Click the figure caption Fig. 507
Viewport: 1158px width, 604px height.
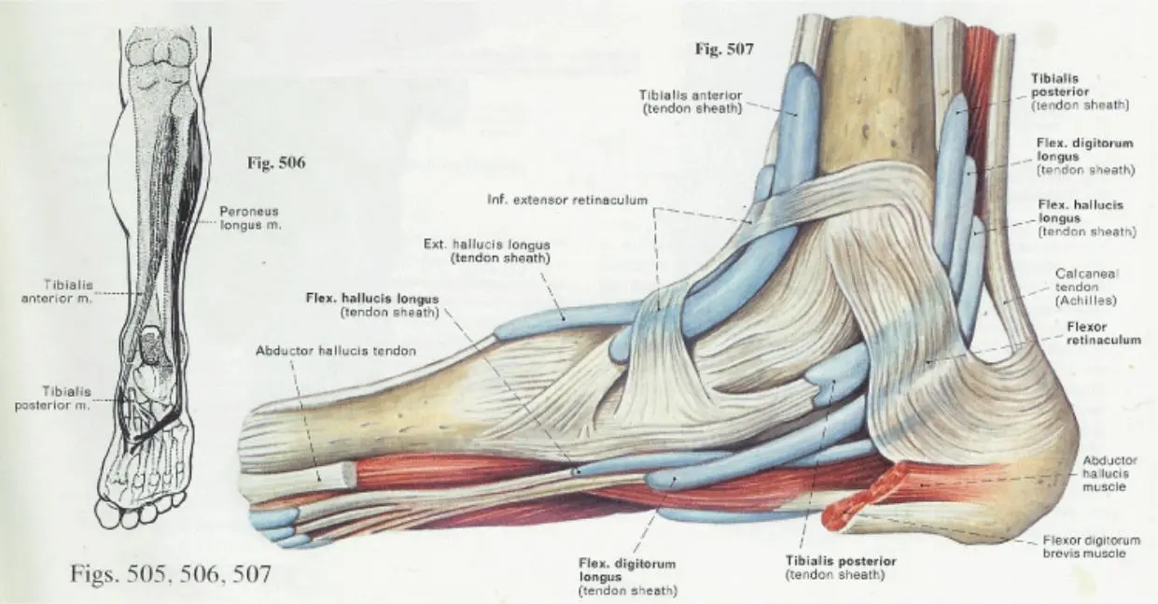coord(724,49)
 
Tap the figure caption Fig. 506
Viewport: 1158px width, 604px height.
coord(276,162)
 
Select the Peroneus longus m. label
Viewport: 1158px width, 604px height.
coord(250,218)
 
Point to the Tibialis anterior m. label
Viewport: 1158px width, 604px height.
coord(57,291)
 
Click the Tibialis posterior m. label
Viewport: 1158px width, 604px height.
coord(53,399)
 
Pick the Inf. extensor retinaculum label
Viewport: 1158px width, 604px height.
coord(567,200)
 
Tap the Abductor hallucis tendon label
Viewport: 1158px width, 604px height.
coord(336,351)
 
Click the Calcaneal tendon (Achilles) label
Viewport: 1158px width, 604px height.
coord(1086,287)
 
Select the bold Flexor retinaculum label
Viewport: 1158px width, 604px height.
coord(1104,333)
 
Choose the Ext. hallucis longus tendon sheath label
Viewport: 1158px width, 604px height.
coord(486,251)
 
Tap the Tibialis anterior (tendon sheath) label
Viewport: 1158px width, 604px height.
coord(691,102)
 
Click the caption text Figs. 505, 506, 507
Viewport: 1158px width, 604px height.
coord(171,574)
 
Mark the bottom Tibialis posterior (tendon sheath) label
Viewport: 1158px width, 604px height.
coord(841,568)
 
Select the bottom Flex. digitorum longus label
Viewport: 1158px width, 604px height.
coord(628,577)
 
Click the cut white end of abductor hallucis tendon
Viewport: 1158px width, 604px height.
coord(336,473)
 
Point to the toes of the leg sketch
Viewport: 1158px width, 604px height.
coord(140,510)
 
